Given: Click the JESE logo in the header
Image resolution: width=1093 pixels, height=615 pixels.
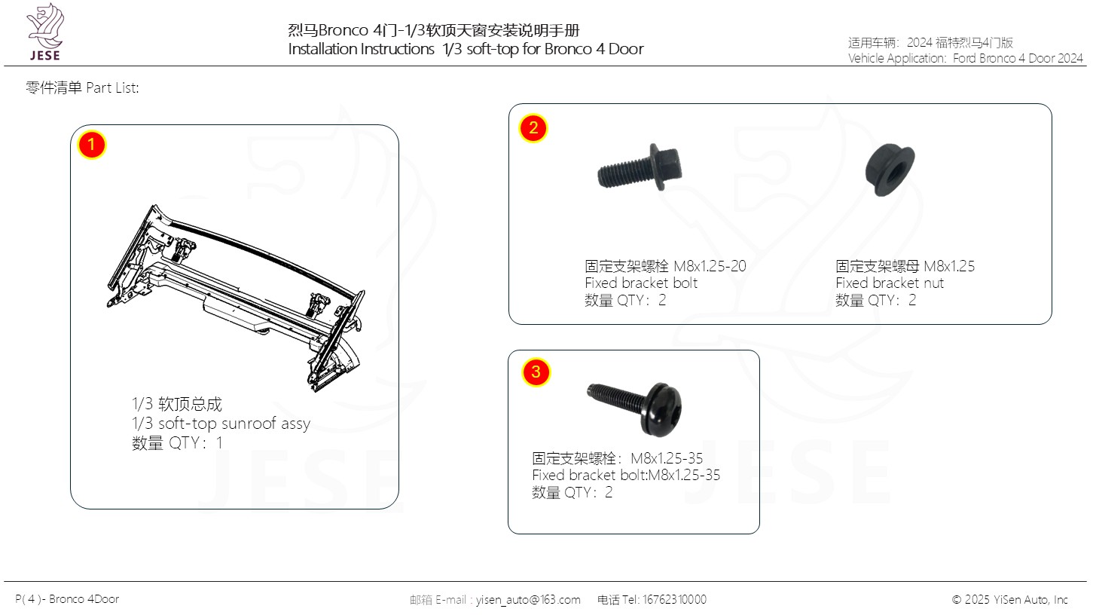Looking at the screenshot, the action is coord(45,32).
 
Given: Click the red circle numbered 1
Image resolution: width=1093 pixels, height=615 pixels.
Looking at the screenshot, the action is coord(91,145).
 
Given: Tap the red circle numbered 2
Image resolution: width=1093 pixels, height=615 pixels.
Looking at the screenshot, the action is coord(533,128).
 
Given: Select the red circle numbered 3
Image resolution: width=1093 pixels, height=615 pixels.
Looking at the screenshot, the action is coord(536,372).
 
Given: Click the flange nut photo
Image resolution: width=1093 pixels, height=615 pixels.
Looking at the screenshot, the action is coord(890,170).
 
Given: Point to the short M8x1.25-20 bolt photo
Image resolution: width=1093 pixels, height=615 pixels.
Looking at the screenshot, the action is coord(640,167).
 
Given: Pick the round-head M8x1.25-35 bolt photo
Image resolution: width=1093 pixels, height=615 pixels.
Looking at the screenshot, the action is coord(634,408).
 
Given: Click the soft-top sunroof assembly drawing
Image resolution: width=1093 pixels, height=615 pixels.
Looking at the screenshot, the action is coord(236,298).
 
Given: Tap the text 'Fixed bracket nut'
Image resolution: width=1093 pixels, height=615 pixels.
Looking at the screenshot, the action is coord(890,283).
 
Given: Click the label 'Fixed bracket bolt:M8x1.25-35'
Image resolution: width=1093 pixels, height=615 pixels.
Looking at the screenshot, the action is coord(626,475).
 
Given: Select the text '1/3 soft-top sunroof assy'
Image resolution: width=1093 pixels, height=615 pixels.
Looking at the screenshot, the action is coord(221,424).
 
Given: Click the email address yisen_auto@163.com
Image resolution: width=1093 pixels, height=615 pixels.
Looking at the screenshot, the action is coord(528,599).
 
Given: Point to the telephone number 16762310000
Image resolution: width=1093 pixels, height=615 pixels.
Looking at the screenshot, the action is coord(675,599).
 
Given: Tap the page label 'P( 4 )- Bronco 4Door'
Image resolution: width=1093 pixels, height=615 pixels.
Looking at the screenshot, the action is coord(67,599).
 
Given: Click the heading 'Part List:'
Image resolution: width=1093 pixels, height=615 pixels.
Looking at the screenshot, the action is coord(112,88).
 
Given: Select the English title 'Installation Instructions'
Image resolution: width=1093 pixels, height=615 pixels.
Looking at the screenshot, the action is coord(361,49).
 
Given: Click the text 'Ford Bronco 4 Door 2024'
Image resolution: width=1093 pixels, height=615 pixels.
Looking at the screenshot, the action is coord(1018,58).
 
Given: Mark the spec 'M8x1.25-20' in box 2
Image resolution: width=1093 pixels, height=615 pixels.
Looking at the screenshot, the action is coord(710,266).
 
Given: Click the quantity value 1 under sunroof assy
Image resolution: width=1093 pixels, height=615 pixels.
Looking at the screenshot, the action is coord(219,442).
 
